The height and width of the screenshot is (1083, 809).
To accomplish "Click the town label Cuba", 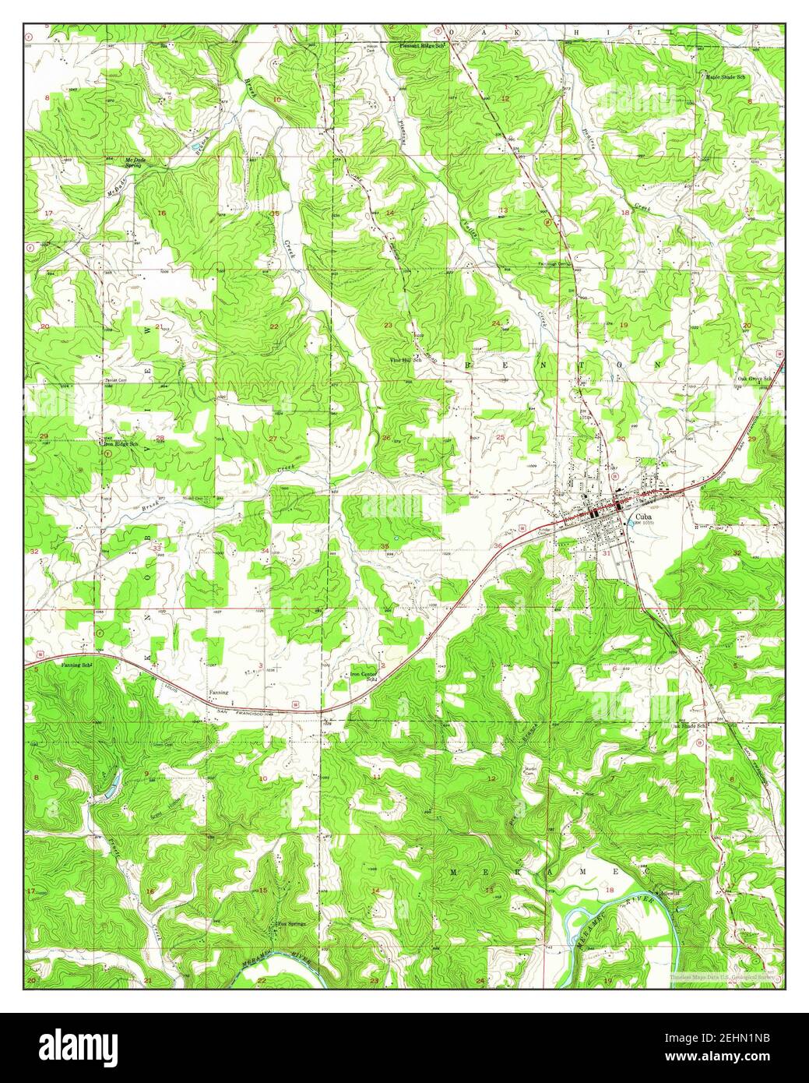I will point(643,517).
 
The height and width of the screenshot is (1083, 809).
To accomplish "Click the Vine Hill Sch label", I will point(406,362).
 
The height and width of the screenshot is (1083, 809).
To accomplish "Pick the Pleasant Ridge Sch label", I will point(422,47).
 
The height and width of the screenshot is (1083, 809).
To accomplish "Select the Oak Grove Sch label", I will point(754,379).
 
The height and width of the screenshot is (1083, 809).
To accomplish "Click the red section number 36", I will point(498,545).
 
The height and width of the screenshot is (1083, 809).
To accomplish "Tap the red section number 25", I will point(500,437).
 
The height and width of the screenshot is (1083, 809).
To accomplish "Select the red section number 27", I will point(273,439).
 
